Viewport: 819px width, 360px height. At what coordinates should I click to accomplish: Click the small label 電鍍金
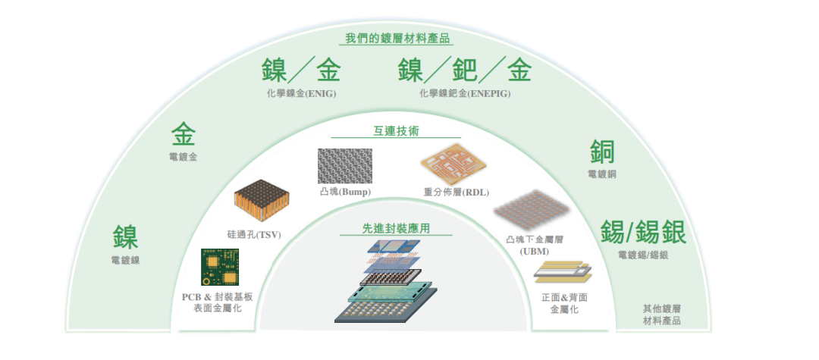point(184,157)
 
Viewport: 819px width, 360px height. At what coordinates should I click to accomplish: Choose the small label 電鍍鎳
point(125,259)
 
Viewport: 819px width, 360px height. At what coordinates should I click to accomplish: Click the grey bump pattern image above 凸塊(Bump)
point(345,164)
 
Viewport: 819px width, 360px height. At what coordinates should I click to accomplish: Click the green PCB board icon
point(217,267)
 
